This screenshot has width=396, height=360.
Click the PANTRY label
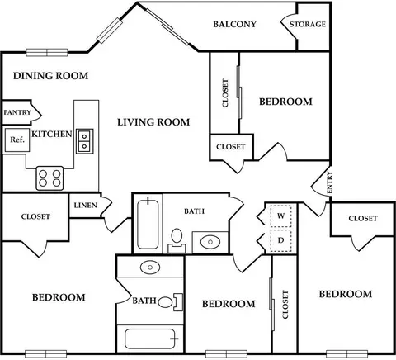tap(17, 112)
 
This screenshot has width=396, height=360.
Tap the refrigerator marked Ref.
tap(17, 140)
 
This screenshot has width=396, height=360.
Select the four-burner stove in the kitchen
tap(49, 178)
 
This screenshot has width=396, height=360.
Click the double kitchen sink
tap(85, 141)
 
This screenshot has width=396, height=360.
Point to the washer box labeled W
tap(280, 216)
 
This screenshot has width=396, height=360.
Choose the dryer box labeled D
tap(280, 240)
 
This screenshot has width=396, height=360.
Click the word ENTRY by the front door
tap(329, 182)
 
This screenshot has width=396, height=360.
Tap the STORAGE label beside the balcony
tap(308, 24)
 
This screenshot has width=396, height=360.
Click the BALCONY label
tap(234, 24)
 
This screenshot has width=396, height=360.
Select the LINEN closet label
tap(86, 206)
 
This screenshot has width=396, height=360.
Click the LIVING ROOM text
tap(153, 122)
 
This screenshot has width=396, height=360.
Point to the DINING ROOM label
tap(51, 76)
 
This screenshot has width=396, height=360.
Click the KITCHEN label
tap(52, 134)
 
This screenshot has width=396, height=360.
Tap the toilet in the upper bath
tap(177, 240)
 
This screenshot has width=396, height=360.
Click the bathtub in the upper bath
tap(148, 225)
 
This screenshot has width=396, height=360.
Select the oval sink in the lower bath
tap(150, 267)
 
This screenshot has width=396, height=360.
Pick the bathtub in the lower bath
tap(150, 339)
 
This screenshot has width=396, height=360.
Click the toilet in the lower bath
tap(171, 302)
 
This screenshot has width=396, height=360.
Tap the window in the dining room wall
tap(47, 52)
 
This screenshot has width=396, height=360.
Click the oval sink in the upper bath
tap(210, 242)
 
